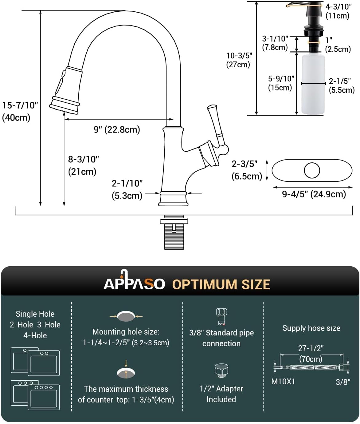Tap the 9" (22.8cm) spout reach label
click(x=117, y=129)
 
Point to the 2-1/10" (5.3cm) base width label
click(x=127, y=189)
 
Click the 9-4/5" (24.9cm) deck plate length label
click(x=314, y=194)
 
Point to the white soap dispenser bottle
click(x=313, y=85)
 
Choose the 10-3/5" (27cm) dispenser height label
click(x=239, y=60)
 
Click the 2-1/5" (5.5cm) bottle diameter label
click(x=341, y=85)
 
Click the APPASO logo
click(x=134, y=282)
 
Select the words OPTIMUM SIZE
click(x=221, y=284)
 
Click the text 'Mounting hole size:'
click(x=126, y=332)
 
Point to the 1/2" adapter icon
click(x=221, y=370)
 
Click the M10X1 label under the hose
click(x=283, y=382)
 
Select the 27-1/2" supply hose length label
click(x=311, y=348)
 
